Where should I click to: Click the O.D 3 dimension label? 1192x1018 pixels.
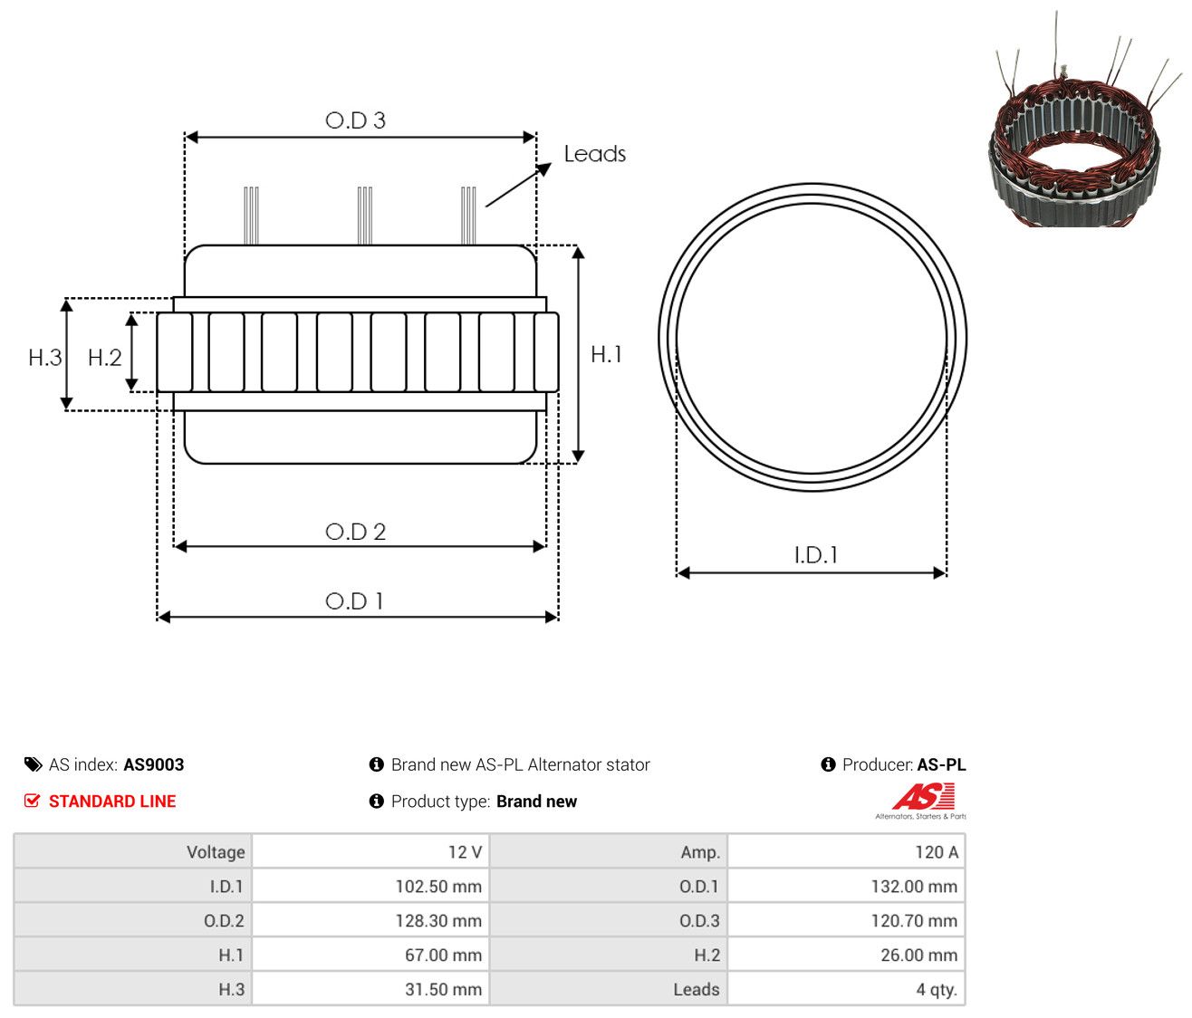pos(355,120)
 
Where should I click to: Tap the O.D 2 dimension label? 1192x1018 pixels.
pos(355,532)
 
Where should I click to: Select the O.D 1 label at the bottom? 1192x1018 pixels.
pos(354,601)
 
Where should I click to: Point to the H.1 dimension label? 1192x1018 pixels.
pos(606,354)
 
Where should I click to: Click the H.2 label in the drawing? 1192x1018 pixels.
pos(104,358)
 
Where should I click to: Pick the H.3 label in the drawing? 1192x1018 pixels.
pos(45,358)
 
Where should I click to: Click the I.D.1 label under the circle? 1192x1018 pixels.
pos(815,555)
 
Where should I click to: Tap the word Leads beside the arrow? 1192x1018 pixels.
pos(594,154)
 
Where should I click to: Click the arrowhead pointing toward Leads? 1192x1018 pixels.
pos(543,168)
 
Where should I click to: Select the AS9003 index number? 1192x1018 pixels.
pos(153,764)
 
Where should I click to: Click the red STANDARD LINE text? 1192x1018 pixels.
pos(112,802)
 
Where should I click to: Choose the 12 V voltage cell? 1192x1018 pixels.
pos(370,851)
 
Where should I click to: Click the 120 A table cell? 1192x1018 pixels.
pos(846,851)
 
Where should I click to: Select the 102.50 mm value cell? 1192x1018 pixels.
pos(370,886)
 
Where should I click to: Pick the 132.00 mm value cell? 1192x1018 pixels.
pos(846,886)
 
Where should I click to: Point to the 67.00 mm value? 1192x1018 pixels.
pos(443,955)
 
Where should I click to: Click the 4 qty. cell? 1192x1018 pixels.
pos(846,989)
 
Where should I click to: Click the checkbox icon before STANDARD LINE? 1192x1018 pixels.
pos(33,801)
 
